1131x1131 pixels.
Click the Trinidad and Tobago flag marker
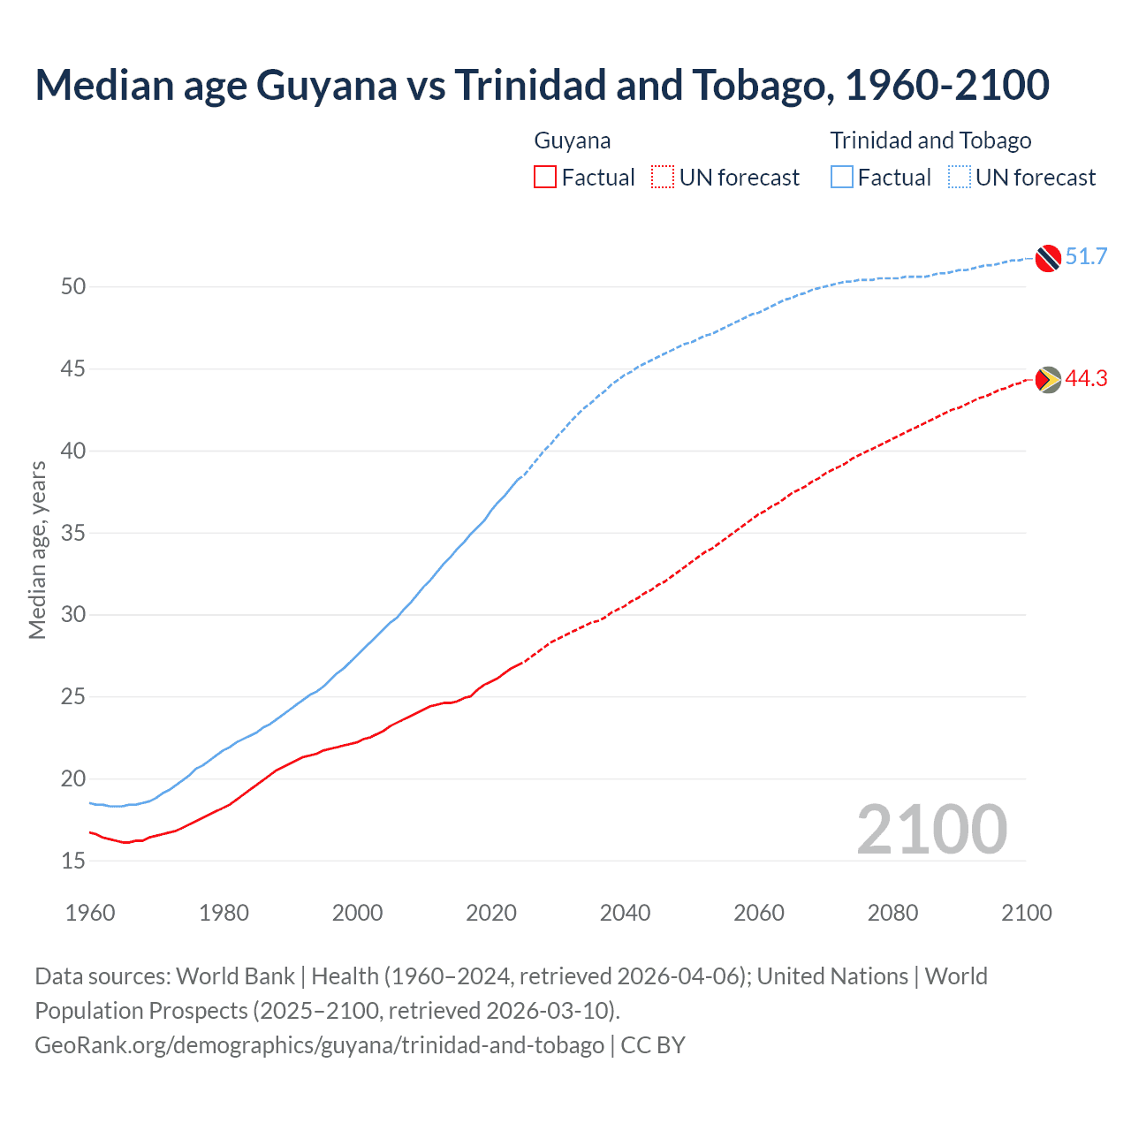coord(1048,258)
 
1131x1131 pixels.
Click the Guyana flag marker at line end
coord(1048,380)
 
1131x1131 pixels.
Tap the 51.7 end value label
coord(1086,257)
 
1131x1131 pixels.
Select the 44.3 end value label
coord(1086,379)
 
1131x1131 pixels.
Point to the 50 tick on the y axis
coord(73,286)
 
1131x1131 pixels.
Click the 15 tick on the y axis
coord(73,861)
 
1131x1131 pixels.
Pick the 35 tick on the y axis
coord(73,533)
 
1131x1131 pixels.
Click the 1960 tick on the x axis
coord(90,913)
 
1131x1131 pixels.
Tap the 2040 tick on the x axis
coord(625,913)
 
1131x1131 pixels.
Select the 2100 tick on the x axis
coord(1026,913)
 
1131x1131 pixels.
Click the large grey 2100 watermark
coord(931,830)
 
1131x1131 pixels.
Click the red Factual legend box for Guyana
coord(545,178)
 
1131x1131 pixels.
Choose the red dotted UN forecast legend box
coord(663,178)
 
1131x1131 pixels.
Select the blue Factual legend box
coord(842,178)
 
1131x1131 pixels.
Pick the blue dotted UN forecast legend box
coord(960,178)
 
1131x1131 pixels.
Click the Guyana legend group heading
coord(573,140)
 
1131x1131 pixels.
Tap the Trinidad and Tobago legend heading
coord(930,140)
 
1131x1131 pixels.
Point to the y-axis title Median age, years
coord(37,550)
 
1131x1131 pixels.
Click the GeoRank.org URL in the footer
coord(319,1045)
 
